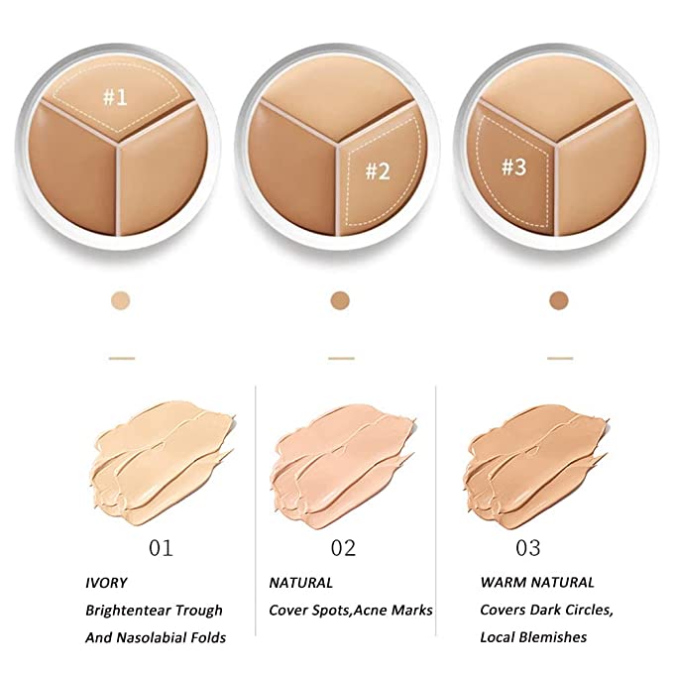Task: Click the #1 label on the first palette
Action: point(115,97)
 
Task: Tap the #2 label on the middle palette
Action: point(378,171)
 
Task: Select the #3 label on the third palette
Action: point(514,167)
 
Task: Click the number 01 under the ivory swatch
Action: point(161,548)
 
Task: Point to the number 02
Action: point(343,548)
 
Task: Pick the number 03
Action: point(528,548)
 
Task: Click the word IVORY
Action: point(106,583)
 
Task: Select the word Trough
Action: point(199,611)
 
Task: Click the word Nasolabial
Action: point(154,637)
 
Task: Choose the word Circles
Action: point(588,610)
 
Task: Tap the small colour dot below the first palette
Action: point(120,301)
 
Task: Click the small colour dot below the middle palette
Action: point(340,300)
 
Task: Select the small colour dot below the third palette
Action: point(559,300)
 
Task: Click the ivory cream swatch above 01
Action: point(164,464)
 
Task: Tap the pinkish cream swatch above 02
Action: point(343,466)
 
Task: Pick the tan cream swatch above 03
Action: point(536,466)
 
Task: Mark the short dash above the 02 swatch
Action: point(341,358)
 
